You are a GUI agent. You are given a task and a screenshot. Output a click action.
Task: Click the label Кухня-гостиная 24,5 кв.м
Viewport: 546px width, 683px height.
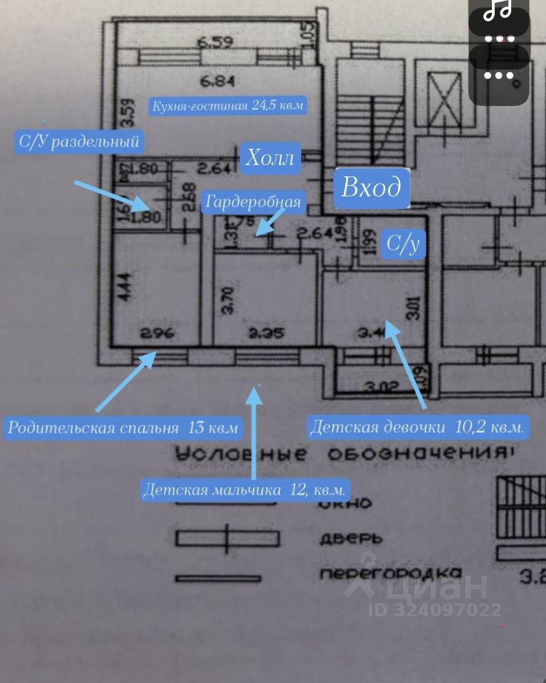[228, 107]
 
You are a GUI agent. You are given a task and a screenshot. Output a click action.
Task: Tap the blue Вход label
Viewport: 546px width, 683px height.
[372, 189]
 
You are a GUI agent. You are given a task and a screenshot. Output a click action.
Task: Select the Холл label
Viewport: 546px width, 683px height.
[270, 158]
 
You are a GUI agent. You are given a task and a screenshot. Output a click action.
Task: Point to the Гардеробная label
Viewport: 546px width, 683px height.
[253, 202]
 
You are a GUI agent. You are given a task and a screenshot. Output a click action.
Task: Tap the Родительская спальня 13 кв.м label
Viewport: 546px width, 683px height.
[122, 428]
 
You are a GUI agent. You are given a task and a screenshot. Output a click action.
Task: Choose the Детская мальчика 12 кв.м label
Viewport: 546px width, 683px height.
[245, 490]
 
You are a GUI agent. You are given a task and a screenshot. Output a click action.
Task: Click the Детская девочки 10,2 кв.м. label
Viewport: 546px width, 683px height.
[418, 428]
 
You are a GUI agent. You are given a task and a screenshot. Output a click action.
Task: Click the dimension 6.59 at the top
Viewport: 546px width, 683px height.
[216, 43]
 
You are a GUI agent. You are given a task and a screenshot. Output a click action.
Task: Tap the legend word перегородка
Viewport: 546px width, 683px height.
[390, 573]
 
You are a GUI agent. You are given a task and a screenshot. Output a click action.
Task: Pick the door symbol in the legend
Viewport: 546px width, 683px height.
[226, 539]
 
